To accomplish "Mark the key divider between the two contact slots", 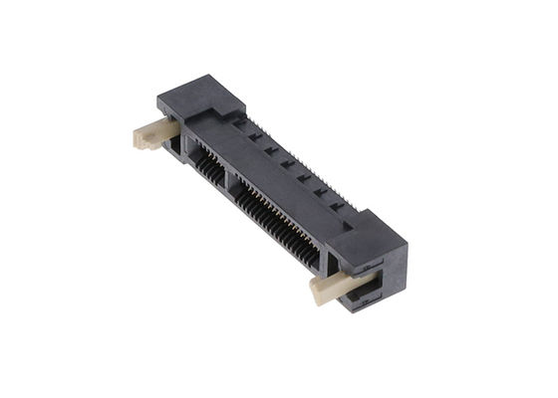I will pos(226,179).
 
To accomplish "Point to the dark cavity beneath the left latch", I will pos(174,148).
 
